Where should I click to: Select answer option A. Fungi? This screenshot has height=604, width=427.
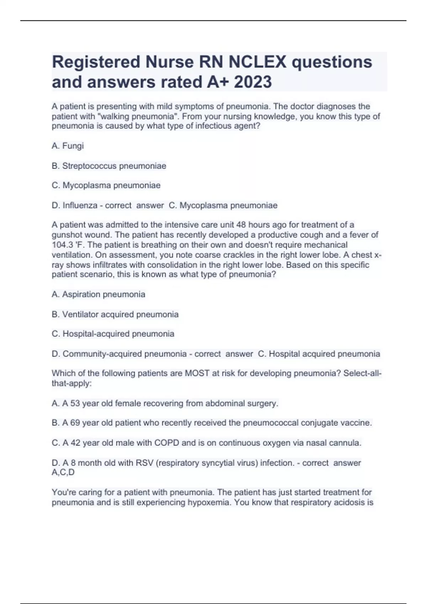[x=68, y=146]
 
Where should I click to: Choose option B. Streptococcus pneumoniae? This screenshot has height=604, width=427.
[x=109, y=166]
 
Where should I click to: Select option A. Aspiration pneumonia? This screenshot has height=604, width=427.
[x=99, y=294]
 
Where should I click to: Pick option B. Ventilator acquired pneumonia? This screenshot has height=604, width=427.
[x=115, y=314]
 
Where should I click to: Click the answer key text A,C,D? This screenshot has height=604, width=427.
[x=63, y=472]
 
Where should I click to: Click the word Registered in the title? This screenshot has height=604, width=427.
[x=96, y=62]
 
